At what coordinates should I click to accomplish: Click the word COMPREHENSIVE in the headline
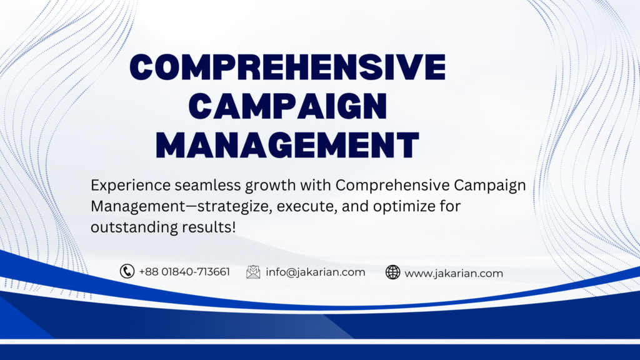click(x=287, y=66)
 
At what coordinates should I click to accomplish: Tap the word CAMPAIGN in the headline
click(x=287, y=106)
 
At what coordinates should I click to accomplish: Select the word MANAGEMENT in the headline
click(x=287, y=145)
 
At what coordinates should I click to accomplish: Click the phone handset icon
click(x=127, y=271)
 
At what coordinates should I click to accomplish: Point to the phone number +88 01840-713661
click(x=184, y=272)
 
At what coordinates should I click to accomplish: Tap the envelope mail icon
click(x=253, y=272)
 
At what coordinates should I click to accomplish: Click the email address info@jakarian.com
click(x=316, y=272)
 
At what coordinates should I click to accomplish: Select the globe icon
click(x=392, y=272)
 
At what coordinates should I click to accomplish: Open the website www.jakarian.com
click(x=454, y=273)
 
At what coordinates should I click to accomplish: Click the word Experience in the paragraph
click(x=131, y=186)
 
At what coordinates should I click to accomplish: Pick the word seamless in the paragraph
click(x=207, y=185)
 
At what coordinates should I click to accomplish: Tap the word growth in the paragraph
click(x=271, y=186)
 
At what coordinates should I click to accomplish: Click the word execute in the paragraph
click(x=307, y=206)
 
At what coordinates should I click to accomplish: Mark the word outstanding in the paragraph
click(x=134, y=227)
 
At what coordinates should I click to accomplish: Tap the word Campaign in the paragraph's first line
click(x=490, y=186)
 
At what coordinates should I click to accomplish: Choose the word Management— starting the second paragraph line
click(x=144, y=207)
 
